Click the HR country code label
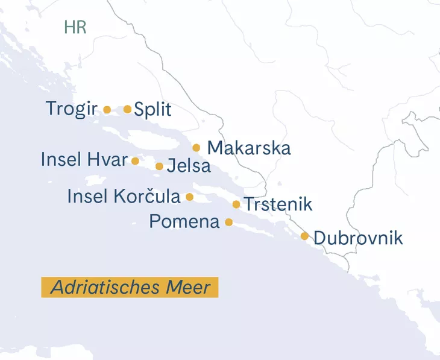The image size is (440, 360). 75,27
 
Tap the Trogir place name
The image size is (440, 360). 71,109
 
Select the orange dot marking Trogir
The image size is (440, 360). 107,110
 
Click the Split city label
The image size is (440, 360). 152,110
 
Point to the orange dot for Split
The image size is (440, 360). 127,109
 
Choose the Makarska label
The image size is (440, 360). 248,148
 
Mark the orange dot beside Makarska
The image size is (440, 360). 196,148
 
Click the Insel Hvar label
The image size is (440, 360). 84,160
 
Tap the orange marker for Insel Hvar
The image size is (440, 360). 135,161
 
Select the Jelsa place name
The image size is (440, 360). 189,166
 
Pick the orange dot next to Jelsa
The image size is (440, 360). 159,166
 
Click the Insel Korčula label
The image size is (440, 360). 124,197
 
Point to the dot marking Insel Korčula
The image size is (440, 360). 189,197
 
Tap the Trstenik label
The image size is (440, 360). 277,204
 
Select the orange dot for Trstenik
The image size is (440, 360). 236,204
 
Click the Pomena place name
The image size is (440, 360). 184,222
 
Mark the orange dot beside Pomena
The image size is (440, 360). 228,222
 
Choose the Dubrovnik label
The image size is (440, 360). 358,238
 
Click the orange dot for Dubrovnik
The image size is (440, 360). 304,236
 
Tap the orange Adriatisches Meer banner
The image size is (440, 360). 130,287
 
